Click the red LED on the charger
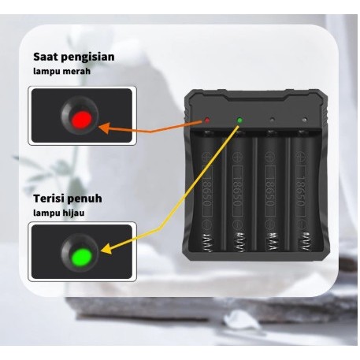point(206,121)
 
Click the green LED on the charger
point(239,121)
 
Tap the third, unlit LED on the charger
point(273,121)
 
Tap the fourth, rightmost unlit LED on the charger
point(304,121)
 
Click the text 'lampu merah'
point(61,72)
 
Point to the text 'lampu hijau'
point(60,212)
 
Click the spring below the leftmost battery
point(208,245)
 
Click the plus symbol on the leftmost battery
point(206,146)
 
